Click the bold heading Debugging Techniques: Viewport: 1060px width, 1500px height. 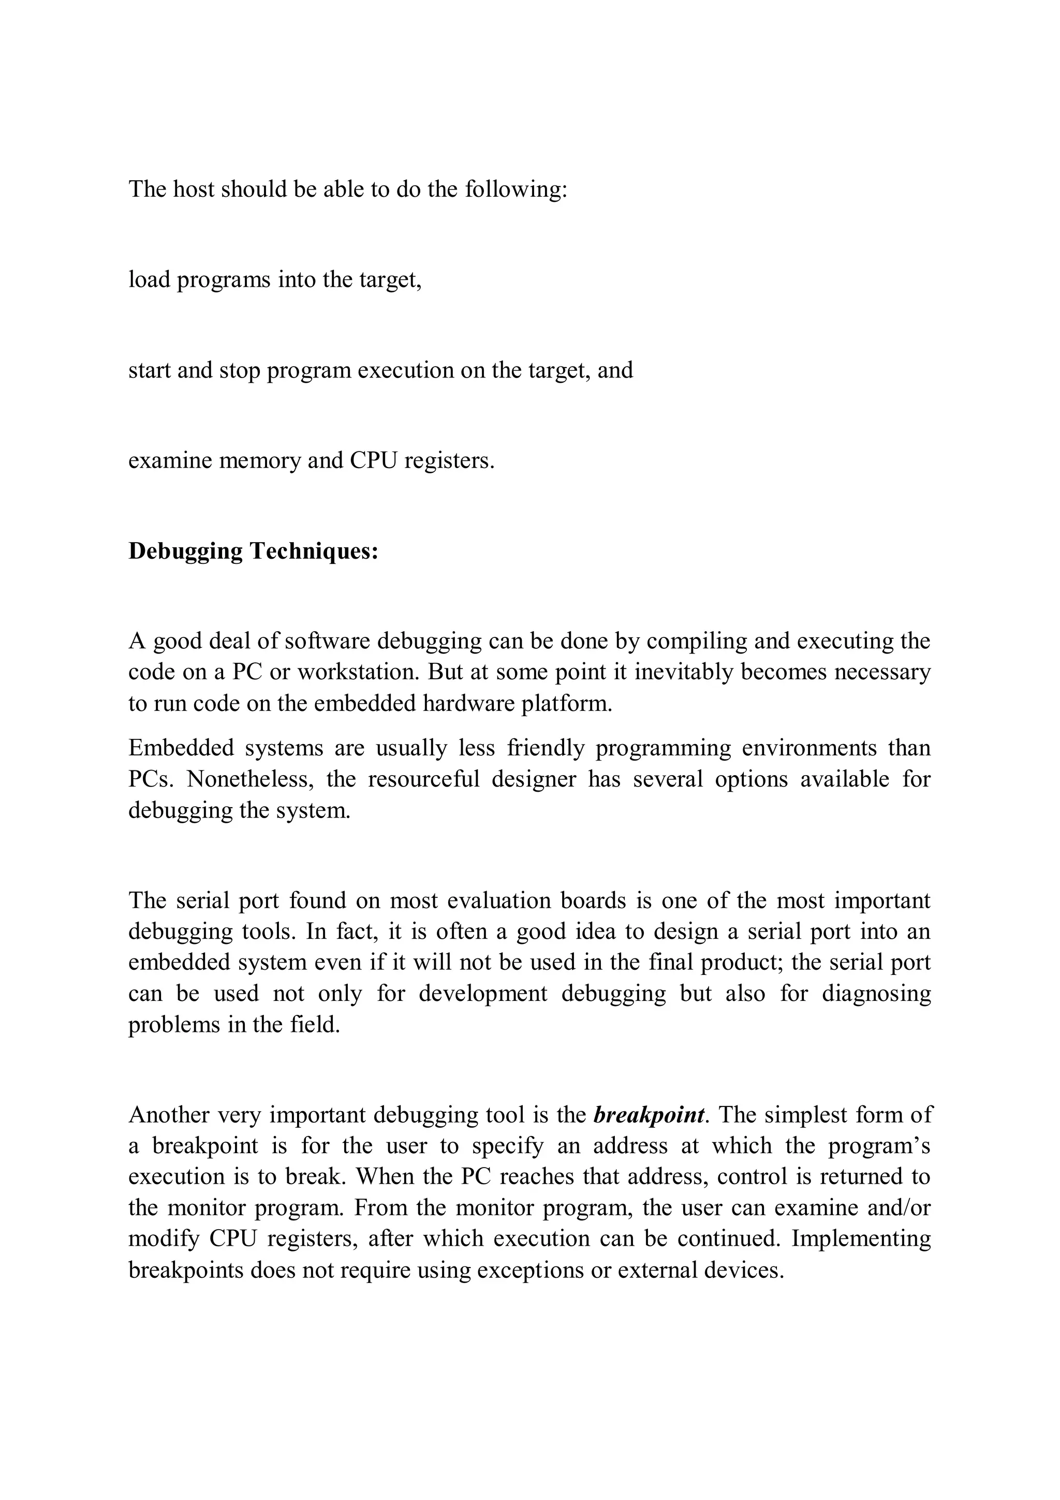(x=254, y=551)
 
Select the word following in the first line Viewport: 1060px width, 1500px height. (x=516, y=190)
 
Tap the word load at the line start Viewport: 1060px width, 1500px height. (x=150, y=280)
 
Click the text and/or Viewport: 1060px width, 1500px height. (x=898, y=1207)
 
